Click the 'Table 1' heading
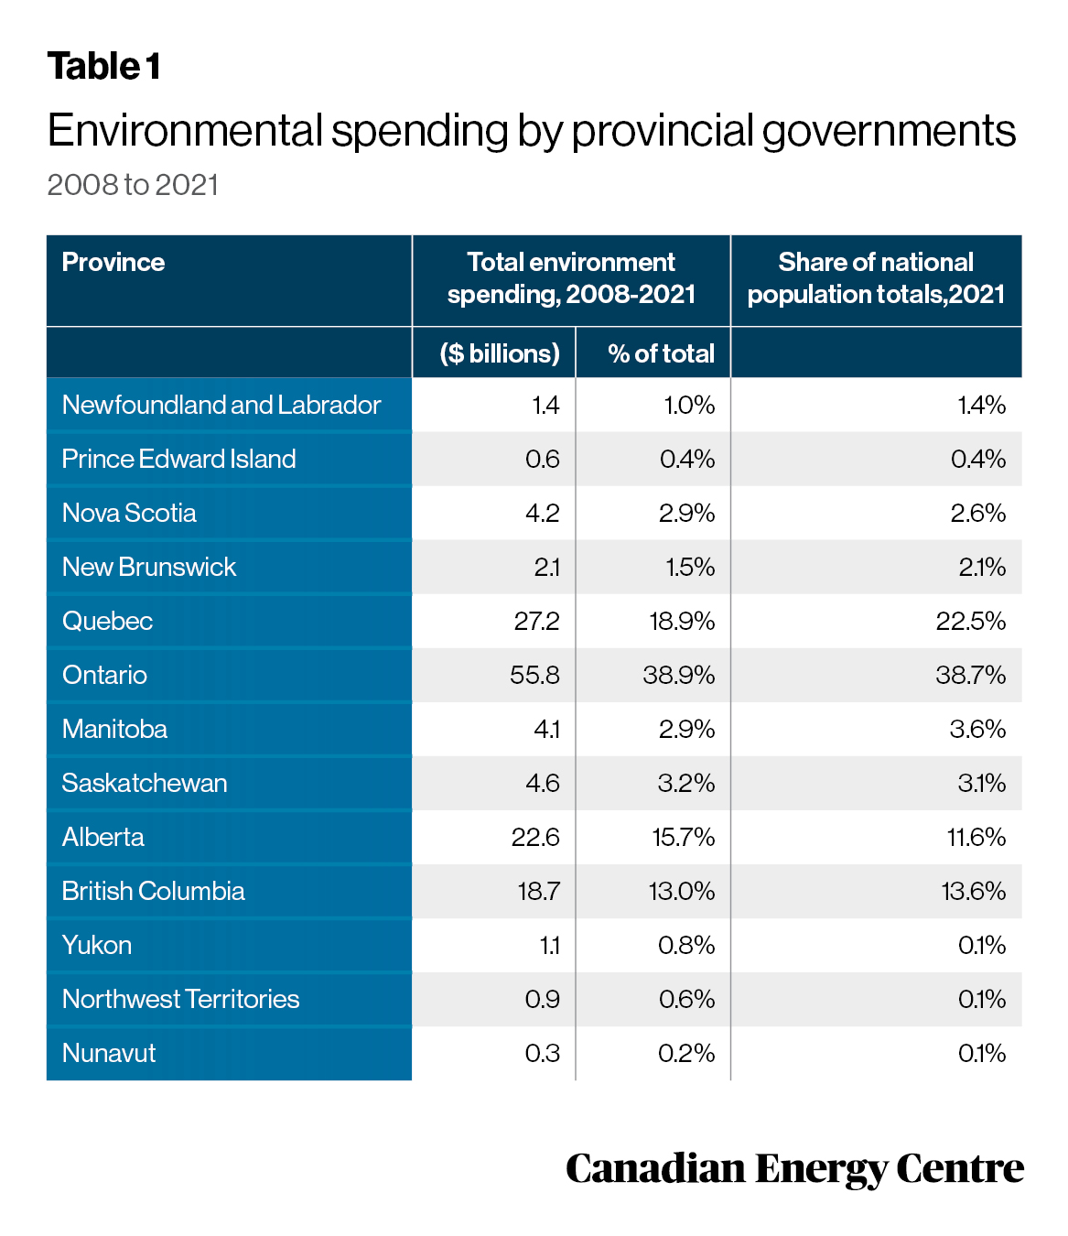tap(103, 66)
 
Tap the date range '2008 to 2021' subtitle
tap(133, 185)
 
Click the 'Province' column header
tap(113, 262)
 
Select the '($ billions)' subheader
tap(499, 353)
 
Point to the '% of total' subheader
tap(661, 353)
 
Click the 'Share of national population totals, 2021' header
tap(876, 278)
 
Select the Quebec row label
tap(107, 622)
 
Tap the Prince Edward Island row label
tap(178, 460)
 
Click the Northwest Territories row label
tap(180, 999)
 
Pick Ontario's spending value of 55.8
tap(534, 675)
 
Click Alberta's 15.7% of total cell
tap(683, 837)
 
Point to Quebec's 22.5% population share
tap(971, 622)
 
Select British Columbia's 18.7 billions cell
tap(538, 891)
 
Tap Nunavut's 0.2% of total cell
tap(686, 1053)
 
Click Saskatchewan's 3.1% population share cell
tap(981, 784)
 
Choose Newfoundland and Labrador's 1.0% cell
tap(689, 406)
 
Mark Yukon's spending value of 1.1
tap(549, 946)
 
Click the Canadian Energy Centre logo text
tap(794, 1169)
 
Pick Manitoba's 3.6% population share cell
tap(977, 729)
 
